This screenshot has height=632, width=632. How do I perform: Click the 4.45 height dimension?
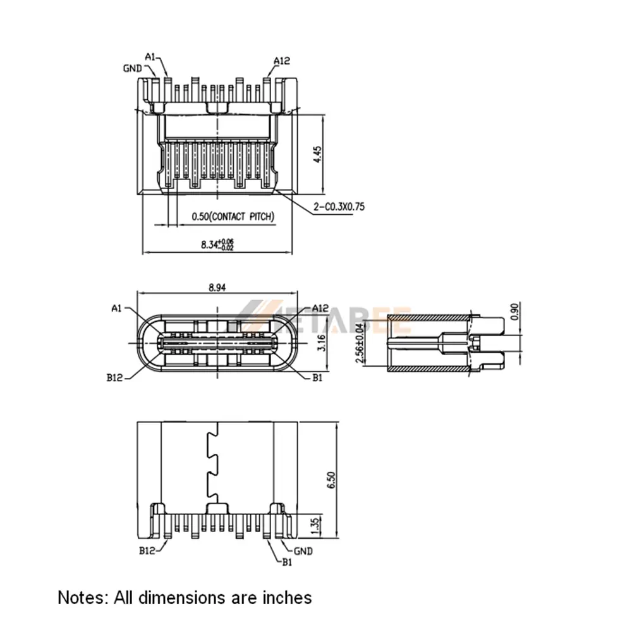pyautogui.click(x=318, y=155)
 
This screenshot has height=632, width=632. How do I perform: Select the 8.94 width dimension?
pyautogui.click(x=217, y=287)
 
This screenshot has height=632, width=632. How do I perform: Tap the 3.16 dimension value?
pyautogui.click(x=320, y=345)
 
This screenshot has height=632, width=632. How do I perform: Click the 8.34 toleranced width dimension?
pyautogui.click(x=217, y=245)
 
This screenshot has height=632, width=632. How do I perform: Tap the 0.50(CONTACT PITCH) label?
pyautogui.click(x=233, y=217)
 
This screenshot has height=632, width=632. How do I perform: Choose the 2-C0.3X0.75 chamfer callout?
pyautogui.click(x=339, y=207)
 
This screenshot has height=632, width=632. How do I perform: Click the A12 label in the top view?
pyautogui.click(x=281, y=61)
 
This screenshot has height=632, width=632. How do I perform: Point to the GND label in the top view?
pyautogui.click(x=132, y=68)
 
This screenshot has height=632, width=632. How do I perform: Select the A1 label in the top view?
pyautogui.click(x=150, y=57)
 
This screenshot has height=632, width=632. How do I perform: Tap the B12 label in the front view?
pyautogui.click(x=116, y=379)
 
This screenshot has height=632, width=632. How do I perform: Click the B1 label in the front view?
pyautogui.click(x=317, y=378)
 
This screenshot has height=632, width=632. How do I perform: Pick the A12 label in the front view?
pyautogui.click(x=320, y=308)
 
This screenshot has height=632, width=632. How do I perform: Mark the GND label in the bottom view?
pyautogui.click(x=303, y=550)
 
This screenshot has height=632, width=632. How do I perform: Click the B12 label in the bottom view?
pyautogui.click(x=147, y=550)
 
